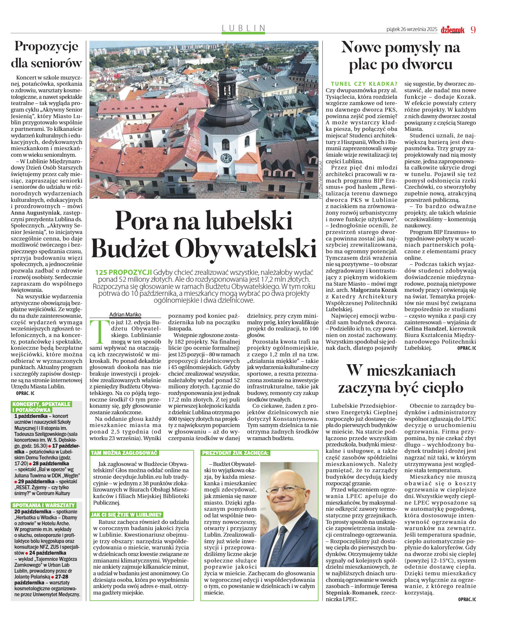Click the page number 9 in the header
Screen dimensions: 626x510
tap(473, 30)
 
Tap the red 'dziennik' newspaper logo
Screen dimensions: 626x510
tap(452, 30)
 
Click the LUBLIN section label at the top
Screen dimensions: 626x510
tap(244, 28)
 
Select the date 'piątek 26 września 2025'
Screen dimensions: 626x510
tap(412, 29)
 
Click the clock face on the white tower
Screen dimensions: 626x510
tap(226, 158)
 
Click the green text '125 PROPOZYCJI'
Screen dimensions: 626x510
tap(123, 272)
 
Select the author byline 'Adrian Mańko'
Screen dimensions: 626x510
tap(125, 314)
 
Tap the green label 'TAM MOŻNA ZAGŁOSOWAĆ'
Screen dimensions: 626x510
tap(124, 453)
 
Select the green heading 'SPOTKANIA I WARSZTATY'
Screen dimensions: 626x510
tap(44, 505)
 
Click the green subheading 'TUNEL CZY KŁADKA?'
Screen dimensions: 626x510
tap(364, 84)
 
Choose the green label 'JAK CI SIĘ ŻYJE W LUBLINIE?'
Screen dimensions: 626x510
tap(127, 514)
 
